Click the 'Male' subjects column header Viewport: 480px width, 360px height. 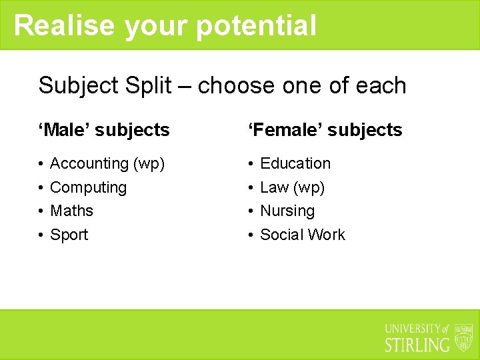pos(105,129)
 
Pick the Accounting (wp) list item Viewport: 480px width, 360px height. pos(107,163)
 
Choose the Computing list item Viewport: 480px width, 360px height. pos(88,187)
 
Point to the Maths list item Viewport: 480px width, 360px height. pos(71,211)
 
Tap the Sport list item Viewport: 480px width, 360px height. pos(69,235)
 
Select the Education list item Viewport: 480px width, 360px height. pos(295,163)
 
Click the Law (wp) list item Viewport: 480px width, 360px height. pos(292,187)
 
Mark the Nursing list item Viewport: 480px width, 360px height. pos(287,211)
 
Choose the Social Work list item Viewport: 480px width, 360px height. pos(302,235)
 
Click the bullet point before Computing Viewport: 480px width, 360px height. pos(41,188)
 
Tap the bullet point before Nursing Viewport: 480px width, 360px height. pos(251,211)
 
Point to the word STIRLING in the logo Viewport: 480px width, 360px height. pos(418,345)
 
